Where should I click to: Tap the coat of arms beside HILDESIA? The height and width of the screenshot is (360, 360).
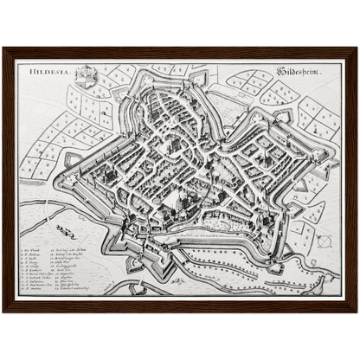tap(84, 76)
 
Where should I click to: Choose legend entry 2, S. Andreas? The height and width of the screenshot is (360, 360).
tap(32, 253)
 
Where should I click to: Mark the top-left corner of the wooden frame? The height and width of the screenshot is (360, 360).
tap(3, 48)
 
